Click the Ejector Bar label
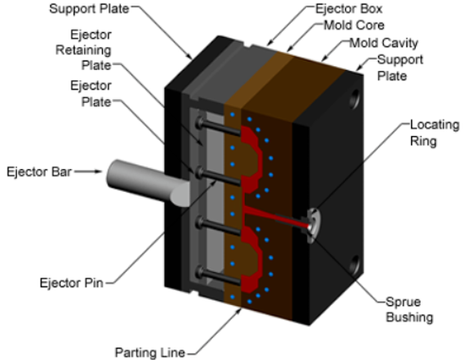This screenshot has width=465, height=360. tap(39, 172)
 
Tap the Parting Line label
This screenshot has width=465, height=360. tap(150, 352)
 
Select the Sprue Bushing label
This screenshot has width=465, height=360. tap(409, 309)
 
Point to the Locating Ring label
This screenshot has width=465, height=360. tap(435, 133)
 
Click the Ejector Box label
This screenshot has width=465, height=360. tap(348, 8)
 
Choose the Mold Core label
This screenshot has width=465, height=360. tap(354, 25)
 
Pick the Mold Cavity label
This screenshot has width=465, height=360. tap(384, 43)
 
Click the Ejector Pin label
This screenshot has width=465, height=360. tap(72, 283)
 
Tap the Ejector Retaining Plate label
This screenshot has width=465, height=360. tap(84, 50)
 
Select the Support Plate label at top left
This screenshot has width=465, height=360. tap(90, 8)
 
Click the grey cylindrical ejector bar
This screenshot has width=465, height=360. tap(147, 183)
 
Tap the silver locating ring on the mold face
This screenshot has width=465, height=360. tap(313, 226)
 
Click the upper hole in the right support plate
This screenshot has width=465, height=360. tap(354, 99)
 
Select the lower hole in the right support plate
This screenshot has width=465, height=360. tap(354, 265)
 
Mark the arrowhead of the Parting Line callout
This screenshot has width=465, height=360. tap(238, 312)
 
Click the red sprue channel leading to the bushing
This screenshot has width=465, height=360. tap(276, 216)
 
